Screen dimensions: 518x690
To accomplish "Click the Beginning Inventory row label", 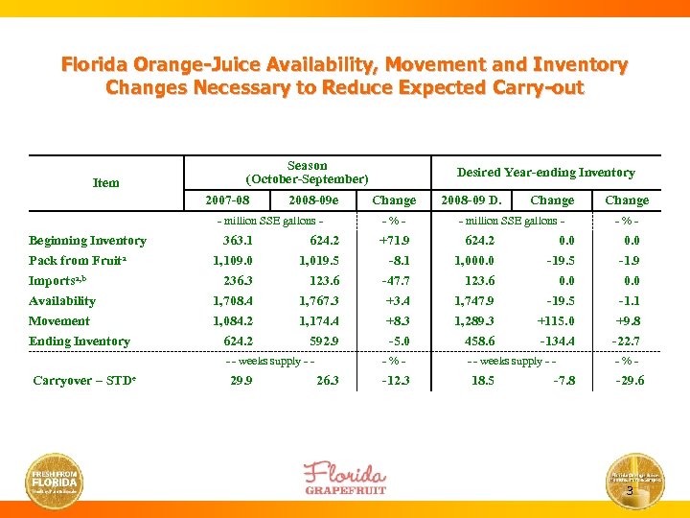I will [87, 241].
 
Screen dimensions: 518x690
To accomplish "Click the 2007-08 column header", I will [228, 200].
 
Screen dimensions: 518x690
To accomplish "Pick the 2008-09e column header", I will [313, 200].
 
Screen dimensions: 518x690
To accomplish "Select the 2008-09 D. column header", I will [471, 200].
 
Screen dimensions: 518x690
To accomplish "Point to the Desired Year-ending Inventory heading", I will [545, 173].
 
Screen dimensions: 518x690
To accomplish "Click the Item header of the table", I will [106, 182].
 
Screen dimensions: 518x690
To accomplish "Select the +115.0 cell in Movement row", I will [555, 321].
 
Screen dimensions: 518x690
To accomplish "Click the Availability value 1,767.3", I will [318, 301].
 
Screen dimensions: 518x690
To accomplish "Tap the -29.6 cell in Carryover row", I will [629, 381].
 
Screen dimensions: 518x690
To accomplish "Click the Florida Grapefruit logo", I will [344, 478].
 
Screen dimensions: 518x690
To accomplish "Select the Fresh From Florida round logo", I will [56, 479].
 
